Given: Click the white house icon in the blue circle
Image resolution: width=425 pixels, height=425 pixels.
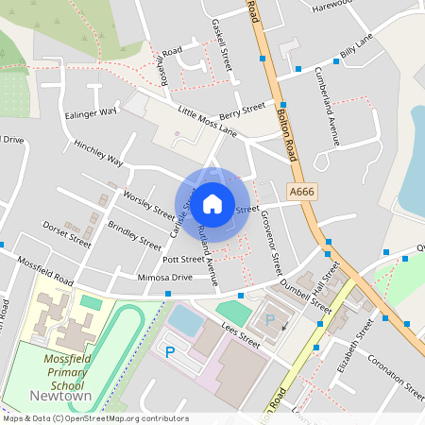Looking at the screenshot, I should coord(212,203).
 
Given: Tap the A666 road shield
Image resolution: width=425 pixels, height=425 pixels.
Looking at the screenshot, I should coord(301,192).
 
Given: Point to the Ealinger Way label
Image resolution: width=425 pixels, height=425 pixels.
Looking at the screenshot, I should coord(92,111).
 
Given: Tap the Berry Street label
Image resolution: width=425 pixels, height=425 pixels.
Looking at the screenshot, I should coord(242,111).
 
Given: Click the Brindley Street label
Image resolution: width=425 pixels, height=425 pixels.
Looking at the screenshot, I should coord(134,233).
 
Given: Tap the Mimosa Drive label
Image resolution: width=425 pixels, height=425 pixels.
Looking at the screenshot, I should coord(164,278).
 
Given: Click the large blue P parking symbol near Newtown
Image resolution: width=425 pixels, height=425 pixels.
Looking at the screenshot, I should coord(171,352).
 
